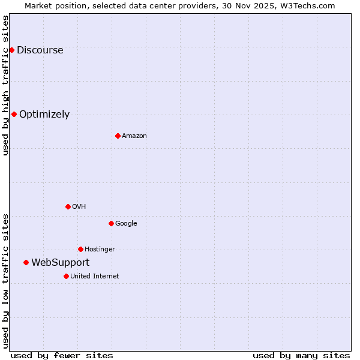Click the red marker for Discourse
(11, 50)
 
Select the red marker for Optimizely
(14, 114)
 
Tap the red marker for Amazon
(118, 136)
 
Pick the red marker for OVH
(68, 206)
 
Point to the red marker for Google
(111, 223)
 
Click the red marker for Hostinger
(80, 249)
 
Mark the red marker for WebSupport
(26, 262)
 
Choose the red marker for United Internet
(66, 276)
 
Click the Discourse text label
(40, 50)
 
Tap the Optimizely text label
(44, 115)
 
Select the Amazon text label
(134, 136)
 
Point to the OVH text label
(79, 207)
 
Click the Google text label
(126, 224)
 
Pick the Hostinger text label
(100, 250)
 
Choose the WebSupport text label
(60, 263)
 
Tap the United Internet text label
(94, 277)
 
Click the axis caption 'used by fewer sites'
(62, 355)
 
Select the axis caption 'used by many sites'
(301, 355)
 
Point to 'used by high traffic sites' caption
(6, 86)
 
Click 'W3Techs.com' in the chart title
(307, 5)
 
